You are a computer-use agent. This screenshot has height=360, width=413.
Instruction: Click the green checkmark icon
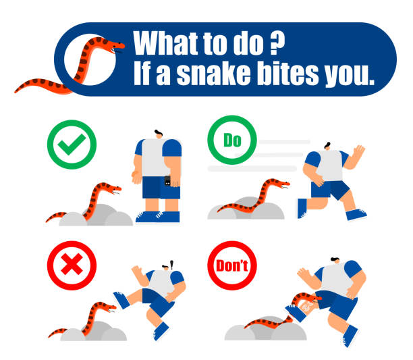(x=72, y=145)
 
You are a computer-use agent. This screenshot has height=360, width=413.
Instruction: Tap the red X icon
(x=72, y=265)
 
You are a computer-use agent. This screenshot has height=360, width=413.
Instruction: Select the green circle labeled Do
(x=231, y=140)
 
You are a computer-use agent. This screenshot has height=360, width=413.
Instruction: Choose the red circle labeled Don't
(x=231, y=265)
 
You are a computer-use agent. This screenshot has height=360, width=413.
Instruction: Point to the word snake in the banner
(x=213, y=73)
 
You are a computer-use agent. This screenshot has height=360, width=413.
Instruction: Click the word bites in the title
(x=287, y=73)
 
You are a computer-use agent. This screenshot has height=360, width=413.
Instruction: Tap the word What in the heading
(x=165, y=43)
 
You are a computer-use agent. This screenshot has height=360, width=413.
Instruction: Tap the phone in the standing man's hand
(x=167, y=181)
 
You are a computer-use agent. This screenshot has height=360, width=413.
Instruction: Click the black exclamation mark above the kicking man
(x=171, y=264)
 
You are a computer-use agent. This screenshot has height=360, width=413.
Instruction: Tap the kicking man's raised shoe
(x=121, y=300)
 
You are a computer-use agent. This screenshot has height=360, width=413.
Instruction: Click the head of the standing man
(x=159, y=134)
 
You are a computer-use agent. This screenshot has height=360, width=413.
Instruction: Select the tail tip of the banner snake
(x=16, y=92)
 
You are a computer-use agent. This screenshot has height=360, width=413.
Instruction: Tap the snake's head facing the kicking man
(x=108, y=307)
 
